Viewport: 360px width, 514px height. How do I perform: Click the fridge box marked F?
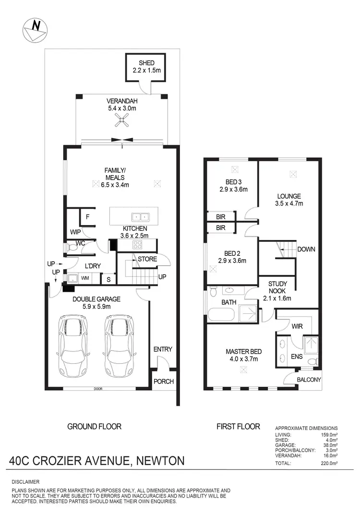click(87, 216)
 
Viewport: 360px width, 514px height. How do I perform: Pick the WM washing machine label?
click(84, 278)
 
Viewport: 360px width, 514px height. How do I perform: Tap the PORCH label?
click(164, 382)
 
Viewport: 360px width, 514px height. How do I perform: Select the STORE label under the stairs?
click(147, 259)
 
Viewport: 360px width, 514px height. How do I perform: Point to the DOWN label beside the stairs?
click(306, 250)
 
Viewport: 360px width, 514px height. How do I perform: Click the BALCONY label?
click(308, 380)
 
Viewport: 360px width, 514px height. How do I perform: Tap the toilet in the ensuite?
click(312, 360)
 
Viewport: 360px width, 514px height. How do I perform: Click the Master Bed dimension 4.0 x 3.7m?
click(242, 359)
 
